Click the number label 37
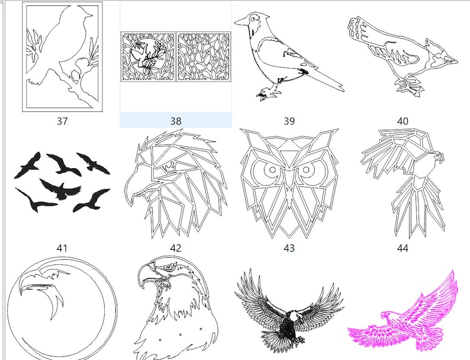click(62, 121)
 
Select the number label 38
click(176, 121)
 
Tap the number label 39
click(289, 121)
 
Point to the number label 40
click(403, 121)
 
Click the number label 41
click(62, 248)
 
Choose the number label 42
click(176, 248)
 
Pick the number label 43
click(289, 248)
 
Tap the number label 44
click(403, 248)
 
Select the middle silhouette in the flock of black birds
click(60, 189)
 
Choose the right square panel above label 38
click(204, 57)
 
